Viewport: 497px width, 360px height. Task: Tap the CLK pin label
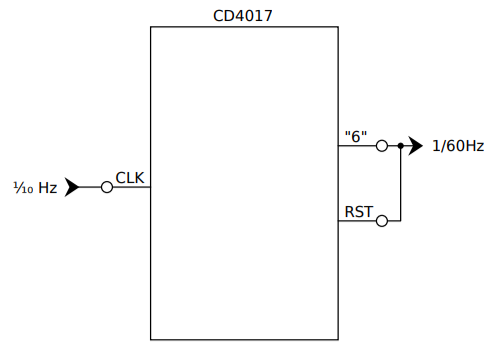[130, 177]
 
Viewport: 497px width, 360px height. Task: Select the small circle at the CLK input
[107, 187]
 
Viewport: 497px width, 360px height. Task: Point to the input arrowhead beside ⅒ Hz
[73, 187]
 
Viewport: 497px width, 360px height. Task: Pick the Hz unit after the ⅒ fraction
[48, 187]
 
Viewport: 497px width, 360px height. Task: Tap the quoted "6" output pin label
[355, 136]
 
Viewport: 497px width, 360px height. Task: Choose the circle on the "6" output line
[381, 146]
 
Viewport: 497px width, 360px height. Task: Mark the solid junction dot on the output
[400, 146]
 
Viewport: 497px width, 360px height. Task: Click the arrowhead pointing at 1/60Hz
[415, 146]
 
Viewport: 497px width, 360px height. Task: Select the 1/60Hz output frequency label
[458, 146]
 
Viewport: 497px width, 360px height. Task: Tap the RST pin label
[357, 211]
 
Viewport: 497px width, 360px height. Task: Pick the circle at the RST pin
[381, 221]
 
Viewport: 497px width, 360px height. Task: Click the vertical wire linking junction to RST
[400, 185]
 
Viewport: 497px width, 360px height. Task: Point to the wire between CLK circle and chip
[131, 187]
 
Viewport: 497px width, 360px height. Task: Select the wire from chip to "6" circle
[357, 146]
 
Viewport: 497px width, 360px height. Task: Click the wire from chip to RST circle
[357, 221]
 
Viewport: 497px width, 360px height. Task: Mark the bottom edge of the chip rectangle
[244, 340]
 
